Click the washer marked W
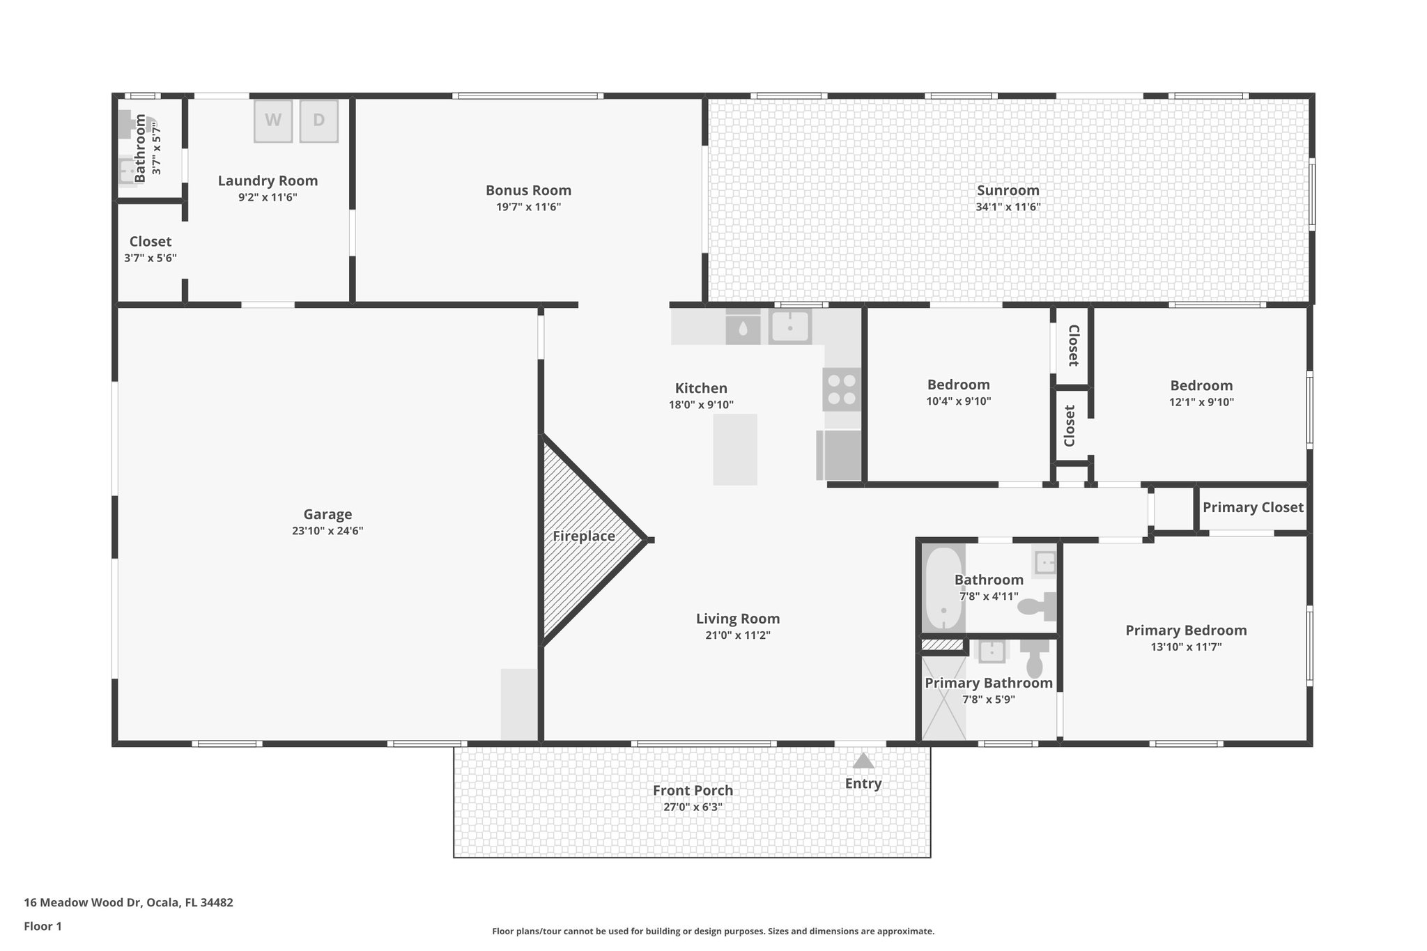[273, 121]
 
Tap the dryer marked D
[319, 121]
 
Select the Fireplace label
[584, 536]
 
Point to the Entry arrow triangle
[863, 761]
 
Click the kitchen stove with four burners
[842, 389]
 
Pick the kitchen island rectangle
[735, 449]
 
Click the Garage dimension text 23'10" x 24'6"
[327, 531]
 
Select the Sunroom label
[1008, 190]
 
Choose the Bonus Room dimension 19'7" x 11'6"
[528, 207]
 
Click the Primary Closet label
[1253, 507]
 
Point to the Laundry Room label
[268, 181]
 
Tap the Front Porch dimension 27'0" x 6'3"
[693, 807]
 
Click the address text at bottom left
[129, 903]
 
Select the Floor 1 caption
[43, 927]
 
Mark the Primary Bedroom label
[1186, 631]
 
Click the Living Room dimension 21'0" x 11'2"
[738, 635]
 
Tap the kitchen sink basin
[790, 326]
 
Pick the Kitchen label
[701, 389]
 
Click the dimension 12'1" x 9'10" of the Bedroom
[1201, 402]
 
